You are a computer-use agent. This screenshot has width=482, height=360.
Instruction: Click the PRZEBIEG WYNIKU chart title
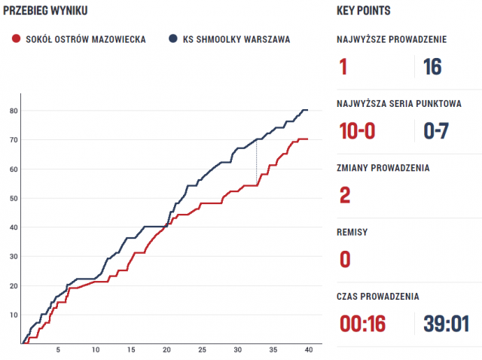tap(44, 11)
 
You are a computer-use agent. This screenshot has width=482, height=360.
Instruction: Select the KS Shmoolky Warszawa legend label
tap(235, 39)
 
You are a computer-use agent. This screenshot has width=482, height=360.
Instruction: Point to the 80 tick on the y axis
tap(13, 111)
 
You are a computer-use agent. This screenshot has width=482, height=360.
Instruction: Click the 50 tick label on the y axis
tap(13, 198)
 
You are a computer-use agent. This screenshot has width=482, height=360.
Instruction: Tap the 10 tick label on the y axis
tap(13, 315)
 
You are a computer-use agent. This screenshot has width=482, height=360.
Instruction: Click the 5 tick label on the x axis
tap(58, 351)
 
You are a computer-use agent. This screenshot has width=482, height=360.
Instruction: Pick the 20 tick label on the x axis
tap(166, 351)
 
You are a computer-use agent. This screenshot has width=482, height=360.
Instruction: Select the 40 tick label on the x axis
tap(308, 351)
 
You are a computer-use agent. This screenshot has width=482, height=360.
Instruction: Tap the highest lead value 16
tap(432, 67)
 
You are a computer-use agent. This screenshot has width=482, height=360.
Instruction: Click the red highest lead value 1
tap(343, 67)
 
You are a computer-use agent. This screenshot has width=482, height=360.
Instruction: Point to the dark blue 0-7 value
tap(437, 131)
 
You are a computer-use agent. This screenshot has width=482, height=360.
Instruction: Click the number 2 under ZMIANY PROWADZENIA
tap(345, 196)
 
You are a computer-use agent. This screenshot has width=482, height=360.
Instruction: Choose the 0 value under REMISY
tap(345, 260)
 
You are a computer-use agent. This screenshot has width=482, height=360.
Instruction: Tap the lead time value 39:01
tap(445, 324)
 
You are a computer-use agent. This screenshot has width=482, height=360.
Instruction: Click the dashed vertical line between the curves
tap(256, 162)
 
